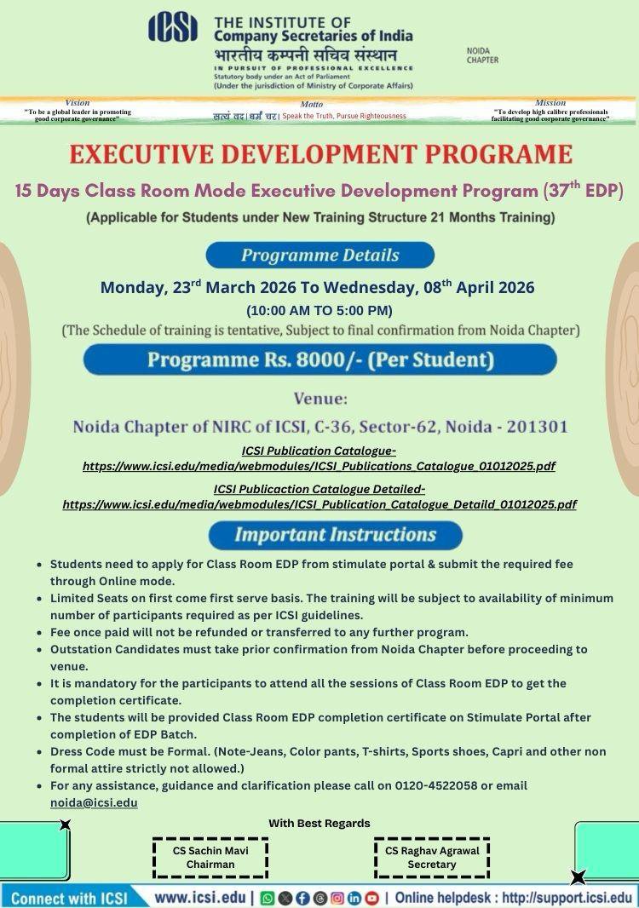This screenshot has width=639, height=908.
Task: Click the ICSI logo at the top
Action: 173,27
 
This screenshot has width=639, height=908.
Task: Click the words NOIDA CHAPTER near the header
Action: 482,56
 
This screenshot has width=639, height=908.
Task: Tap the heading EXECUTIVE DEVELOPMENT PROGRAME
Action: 320,154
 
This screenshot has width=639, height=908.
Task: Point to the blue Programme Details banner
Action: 319,255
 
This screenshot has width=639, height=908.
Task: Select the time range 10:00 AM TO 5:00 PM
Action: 319,310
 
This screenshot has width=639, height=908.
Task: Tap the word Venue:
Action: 320,399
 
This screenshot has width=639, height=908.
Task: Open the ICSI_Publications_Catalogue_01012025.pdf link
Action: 319,467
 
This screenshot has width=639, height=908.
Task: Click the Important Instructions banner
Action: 335,535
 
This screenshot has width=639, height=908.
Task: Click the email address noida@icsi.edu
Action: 94,802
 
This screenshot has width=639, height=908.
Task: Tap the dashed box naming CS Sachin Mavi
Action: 210,857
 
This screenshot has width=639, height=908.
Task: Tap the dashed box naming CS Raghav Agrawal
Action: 432,857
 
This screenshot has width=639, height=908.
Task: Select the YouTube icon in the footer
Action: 372,898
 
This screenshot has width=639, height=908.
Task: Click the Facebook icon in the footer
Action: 302,898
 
